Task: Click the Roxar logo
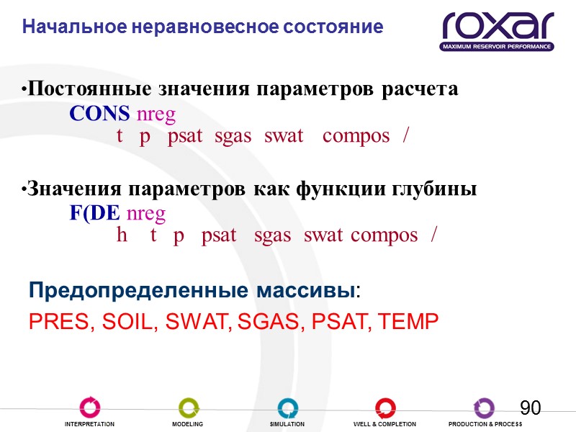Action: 498,30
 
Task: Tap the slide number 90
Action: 530,408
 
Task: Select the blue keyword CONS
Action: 100,114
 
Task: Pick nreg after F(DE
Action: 146,214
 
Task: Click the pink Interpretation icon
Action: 90,408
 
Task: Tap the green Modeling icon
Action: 188,408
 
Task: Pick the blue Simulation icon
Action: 287,408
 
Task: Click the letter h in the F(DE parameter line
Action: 122,235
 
